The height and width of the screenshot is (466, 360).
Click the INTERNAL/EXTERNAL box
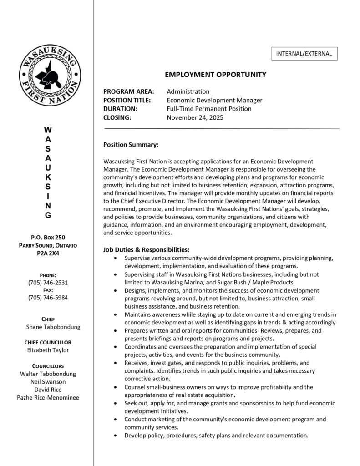304,54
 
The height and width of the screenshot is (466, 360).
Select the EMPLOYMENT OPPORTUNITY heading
215,75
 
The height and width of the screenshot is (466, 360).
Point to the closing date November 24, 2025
195,117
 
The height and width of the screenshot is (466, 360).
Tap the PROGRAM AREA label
129,91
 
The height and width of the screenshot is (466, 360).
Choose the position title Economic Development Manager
214,100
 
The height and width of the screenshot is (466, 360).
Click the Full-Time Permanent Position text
209,109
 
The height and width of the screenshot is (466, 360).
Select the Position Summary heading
131,145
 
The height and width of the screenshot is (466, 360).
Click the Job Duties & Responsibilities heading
147,250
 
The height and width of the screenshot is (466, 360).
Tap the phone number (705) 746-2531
48,283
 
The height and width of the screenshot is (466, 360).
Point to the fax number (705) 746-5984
48,298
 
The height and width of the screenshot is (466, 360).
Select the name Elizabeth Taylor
48,350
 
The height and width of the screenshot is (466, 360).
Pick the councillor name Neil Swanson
48,381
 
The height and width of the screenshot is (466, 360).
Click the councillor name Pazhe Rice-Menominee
48,397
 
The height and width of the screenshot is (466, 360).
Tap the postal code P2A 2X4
48,253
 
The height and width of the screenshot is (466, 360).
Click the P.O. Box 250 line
48,238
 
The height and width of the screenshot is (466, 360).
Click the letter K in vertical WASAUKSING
48,176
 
